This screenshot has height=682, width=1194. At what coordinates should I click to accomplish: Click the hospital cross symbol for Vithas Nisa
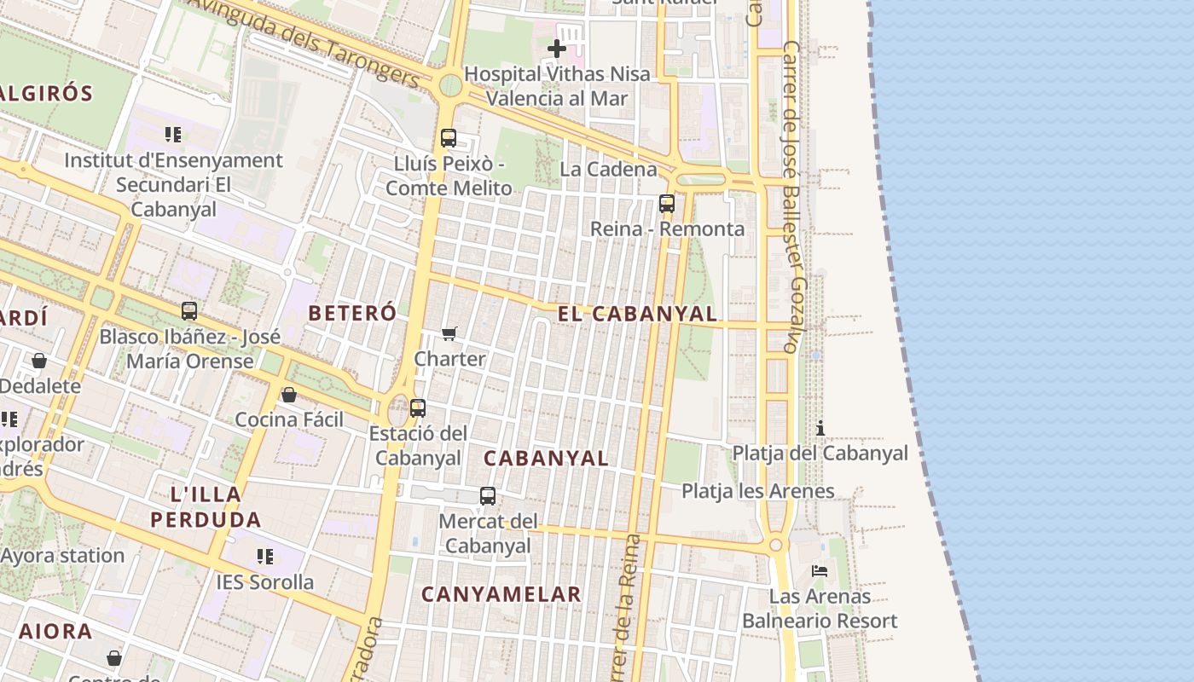(x=556, y=49)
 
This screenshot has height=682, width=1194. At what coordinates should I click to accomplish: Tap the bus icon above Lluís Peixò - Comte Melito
(x=449, y=137)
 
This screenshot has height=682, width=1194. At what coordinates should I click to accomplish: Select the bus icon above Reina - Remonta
(x=667, y=204)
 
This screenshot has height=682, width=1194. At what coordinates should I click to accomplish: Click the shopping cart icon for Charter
(x=449, y=333)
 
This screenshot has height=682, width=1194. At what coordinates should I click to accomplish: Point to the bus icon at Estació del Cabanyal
(x=417, y=407)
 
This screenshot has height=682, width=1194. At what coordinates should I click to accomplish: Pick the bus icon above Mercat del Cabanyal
(x=487, y=495)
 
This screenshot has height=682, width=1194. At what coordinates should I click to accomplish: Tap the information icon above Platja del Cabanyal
(x=820, y=428)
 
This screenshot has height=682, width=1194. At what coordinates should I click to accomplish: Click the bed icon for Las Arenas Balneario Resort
(x=820, y=570)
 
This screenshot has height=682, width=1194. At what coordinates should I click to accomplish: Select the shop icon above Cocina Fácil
(x=289, y=395)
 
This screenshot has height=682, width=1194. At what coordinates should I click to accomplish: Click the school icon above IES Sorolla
(x=265, y=557)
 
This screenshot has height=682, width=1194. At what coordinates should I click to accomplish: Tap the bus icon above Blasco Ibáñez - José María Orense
(x=189, y=311)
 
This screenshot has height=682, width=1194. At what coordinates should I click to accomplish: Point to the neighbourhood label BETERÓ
(x=352, y=313)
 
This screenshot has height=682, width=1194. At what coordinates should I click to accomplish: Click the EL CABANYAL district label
(x=637, y=314)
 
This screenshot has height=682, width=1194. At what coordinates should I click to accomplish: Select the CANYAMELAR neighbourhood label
(x=501, y=594)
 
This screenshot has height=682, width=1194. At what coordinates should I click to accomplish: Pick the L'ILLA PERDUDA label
(x=206, y=506)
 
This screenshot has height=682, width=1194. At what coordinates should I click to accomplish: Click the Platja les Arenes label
(x=757, y=491)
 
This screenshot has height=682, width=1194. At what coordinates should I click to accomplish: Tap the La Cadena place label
(x=608, y=169)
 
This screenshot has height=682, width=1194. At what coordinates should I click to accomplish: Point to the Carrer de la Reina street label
(x=623, y=605)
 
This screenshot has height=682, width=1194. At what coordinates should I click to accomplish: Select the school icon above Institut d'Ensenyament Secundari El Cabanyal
(x=173, y=134)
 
